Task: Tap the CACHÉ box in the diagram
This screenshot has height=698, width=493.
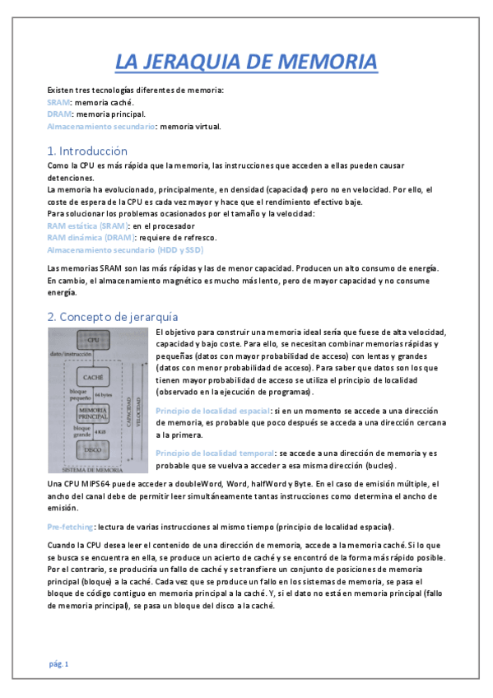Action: pos(92,375)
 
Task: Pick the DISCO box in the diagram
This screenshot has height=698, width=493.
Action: pos(92,449)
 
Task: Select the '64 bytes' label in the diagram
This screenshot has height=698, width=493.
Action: pos(105,396)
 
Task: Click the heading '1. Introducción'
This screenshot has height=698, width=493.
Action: pos(87,151)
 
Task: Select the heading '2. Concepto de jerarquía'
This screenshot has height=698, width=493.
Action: pos(112,316)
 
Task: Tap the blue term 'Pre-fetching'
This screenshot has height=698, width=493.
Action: pos(70,526)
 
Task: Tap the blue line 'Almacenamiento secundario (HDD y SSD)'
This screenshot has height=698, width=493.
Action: pos(125,249)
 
